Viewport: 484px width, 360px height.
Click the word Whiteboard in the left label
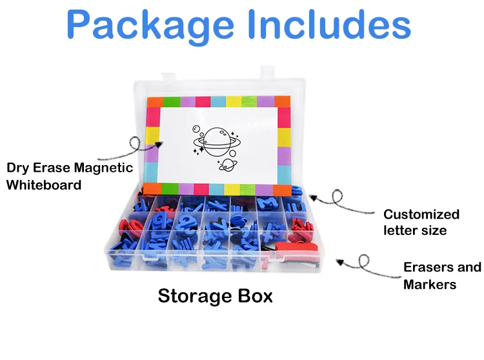pos(45,185)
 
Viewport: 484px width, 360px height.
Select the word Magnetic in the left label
pos(103,168)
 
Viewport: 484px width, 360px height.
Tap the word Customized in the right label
pos(421,214)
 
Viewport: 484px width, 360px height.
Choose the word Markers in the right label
pos(430,284)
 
